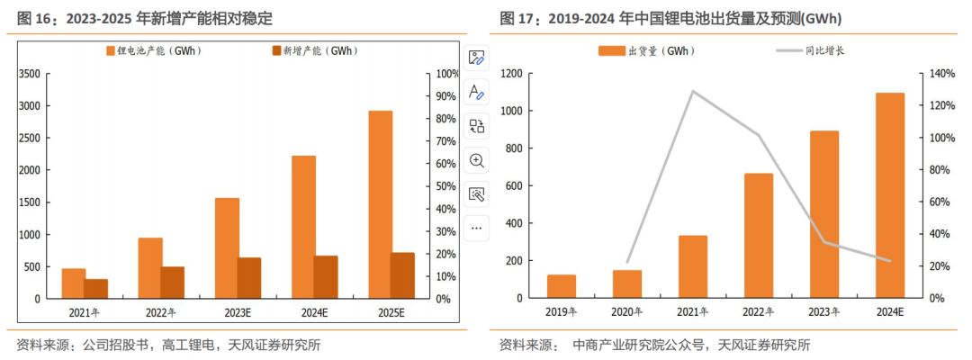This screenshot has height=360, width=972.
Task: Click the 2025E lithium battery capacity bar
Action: point(380,204)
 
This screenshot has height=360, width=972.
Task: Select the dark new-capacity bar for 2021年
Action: point(95,289)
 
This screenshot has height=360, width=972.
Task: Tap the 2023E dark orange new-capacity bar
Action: point(248,278)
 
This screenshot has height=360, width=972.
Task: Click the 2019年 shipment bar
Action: point(562,286)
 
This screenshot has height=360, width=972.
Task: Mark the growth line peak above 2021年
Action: point(692,91)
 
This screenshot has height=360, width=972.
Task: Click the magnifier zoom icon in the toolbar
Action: point(477,160)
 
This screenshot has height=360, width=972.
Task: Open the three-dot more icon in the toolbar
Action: point(477,228)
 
